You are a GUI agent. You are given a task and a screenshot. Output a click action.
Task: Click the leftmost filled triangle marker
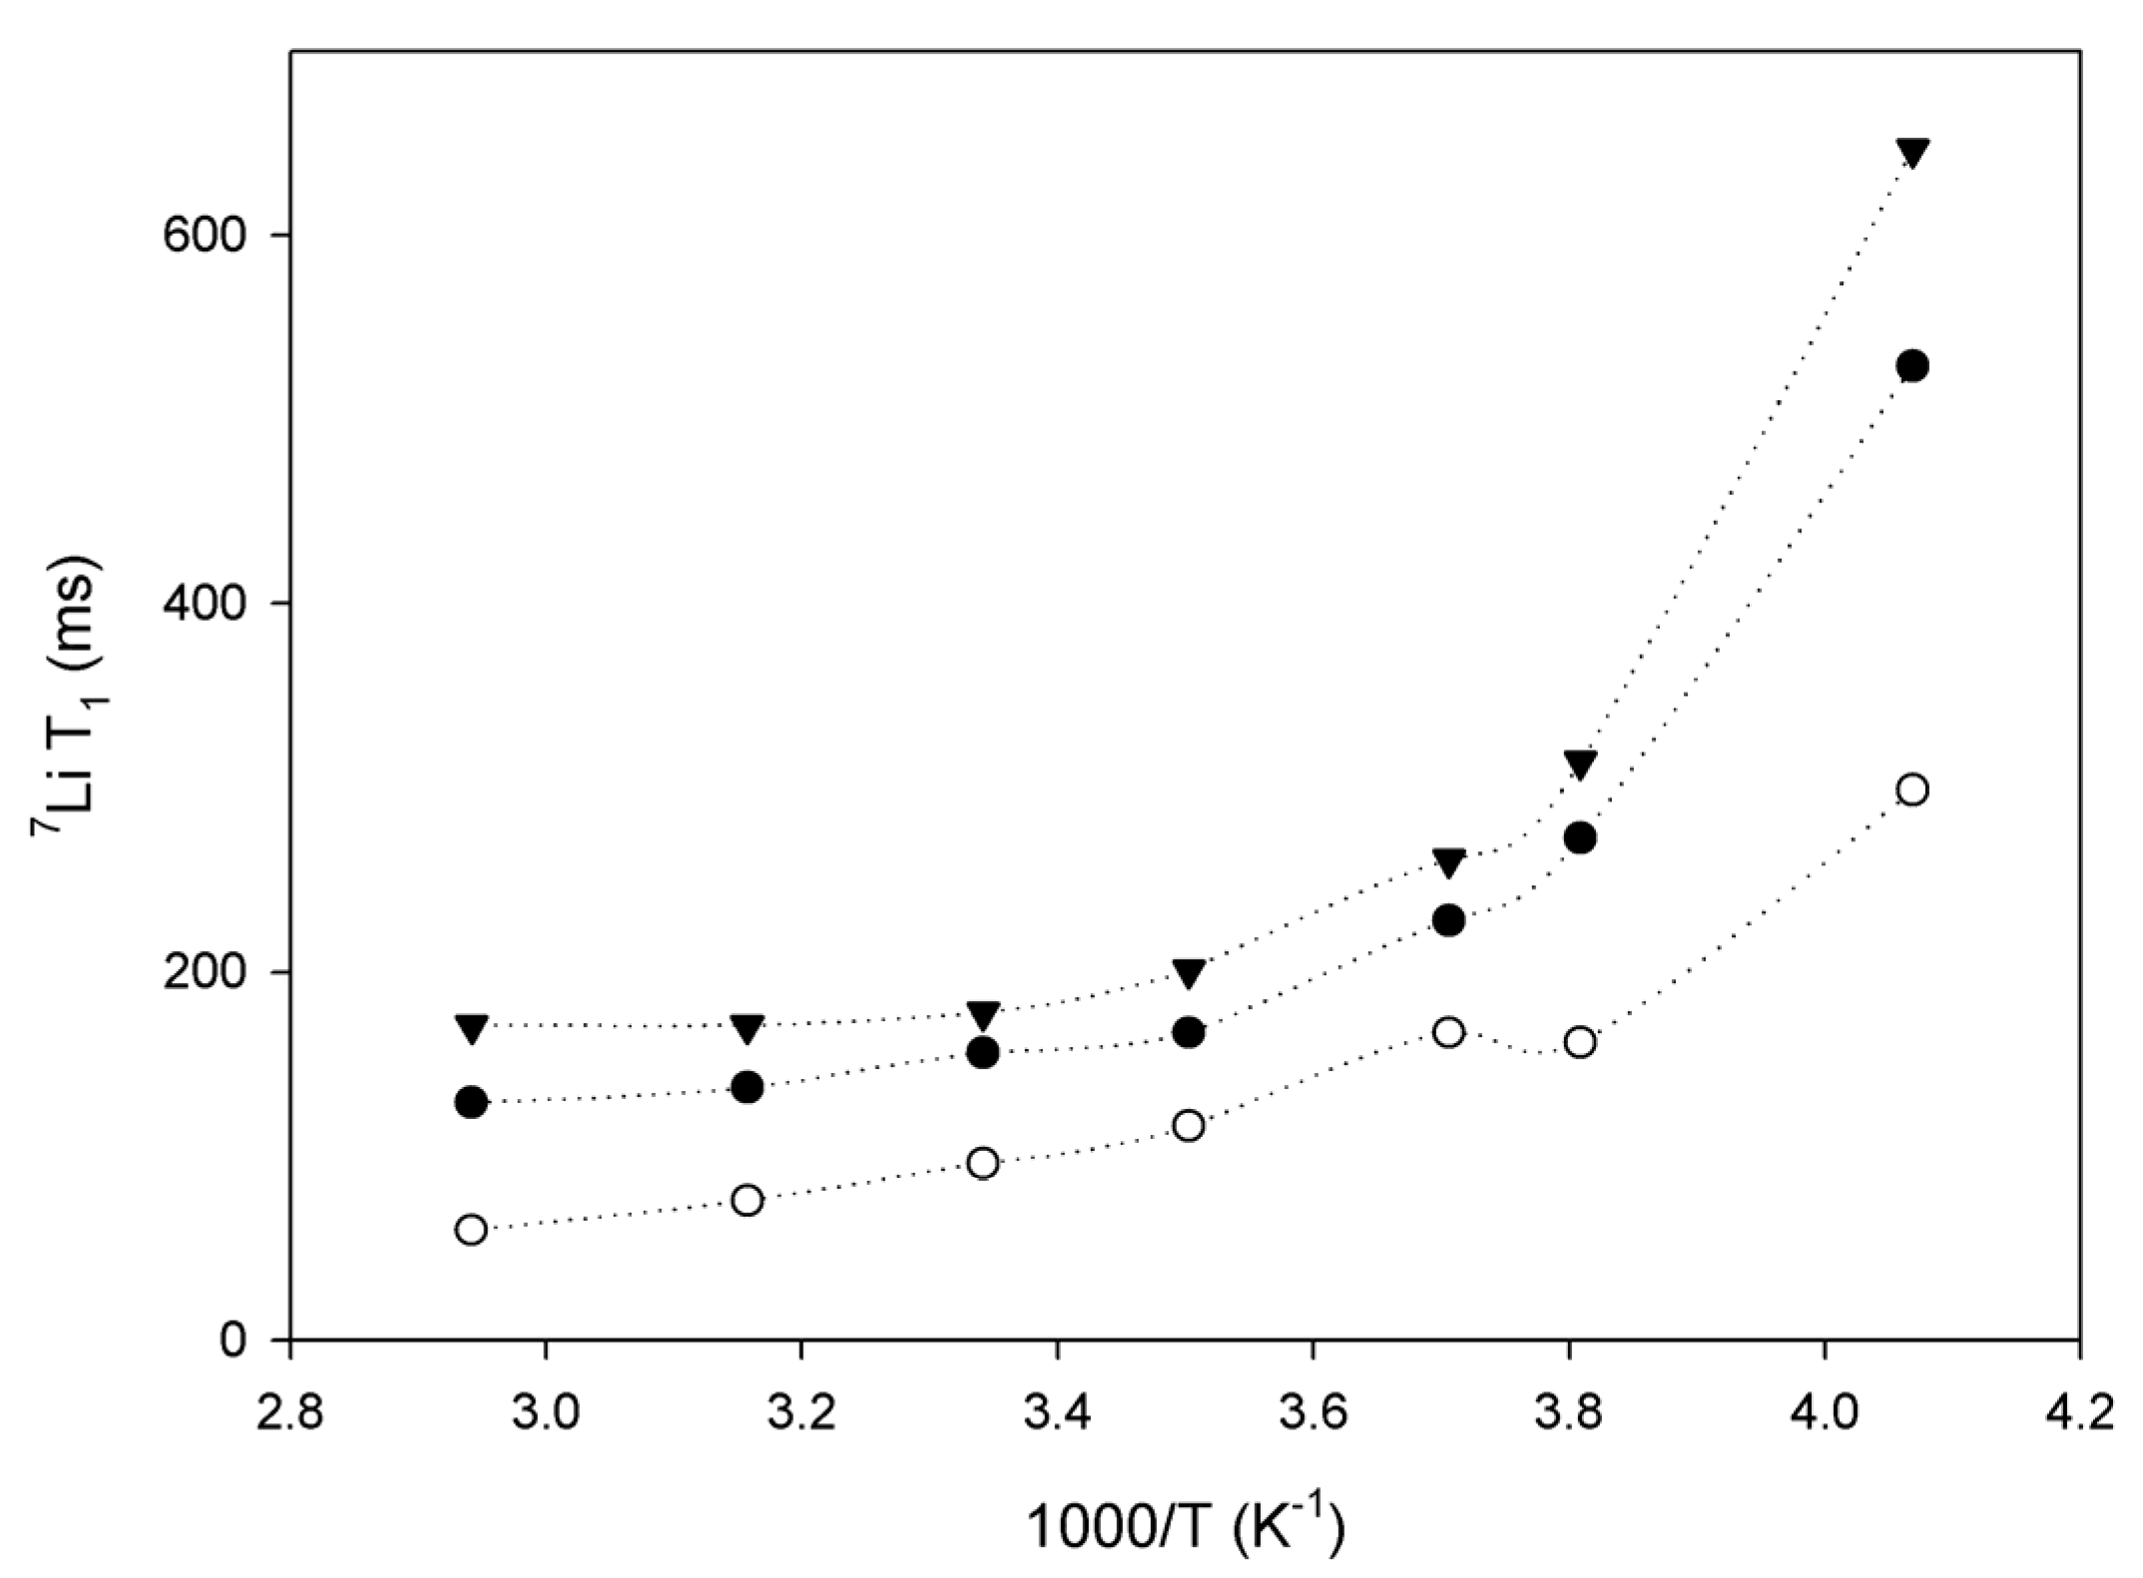click(471, 1028)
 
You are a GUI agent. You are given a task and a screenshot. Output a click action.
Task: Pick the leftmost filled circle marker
click(471, 1103)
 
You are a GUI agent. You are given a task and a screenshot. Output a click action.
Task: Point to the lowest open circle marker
click(471, 1230)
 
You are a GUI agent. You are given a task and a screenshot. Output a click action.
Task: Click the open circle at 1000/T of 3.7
click(1448, 1032)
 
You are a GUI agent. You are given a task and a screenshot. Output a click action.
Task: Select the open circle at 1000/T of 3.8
click(1580, 1043)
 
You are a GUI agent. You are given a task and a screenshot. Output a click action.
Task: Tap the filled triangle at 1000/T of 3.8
click(1580, 766)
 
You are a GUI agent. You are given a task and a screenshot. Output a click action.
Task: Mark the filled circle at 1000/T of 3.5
click(1188, 1033)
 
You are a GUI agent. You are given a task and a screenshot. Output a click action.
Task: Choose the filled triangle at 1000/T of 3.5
click(1188, 974)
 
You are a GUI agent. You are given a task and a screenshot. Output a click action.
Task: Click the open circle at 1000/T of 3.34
click(983, 1163)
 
